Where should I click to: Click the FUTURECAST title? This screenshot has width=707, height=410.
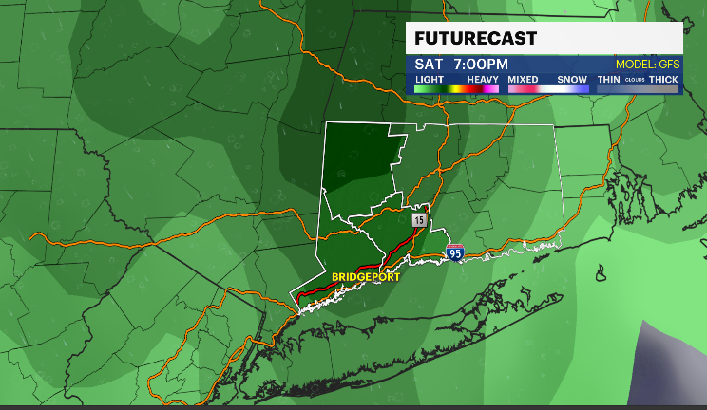(475, 38)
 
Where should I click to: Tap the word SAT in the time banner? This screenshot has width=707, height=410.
(428, 64)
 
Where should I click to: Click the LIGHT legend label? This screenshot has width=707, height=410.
(429, 78)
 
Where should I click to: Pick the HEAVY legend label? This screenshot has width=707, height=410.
(483, 78)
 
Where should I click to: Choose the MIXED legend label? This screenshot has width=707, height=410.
(523, 78)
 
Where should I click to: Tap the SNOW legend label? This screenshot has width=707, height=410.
(572, 78)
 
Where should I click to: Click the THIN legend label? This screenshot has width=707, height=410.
(608, 78)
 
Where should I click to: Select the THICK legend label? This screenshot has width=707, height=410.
(663, 78)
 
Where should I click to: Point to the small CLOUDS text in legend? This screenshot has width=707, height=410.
(634, 79)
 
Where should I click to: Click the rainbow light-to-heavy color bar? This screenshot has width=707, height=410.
(456, 88)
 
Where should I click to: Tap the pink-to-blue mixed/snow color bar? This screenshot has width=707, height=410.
(548, 88)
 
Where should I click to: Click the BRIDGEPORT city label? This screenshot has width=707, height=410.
(365, 277)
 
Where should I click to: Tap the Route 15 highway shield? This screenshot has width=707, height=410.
(419, 219)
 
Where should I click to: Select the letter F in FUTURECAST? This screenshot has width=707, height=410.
(419, 38)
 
